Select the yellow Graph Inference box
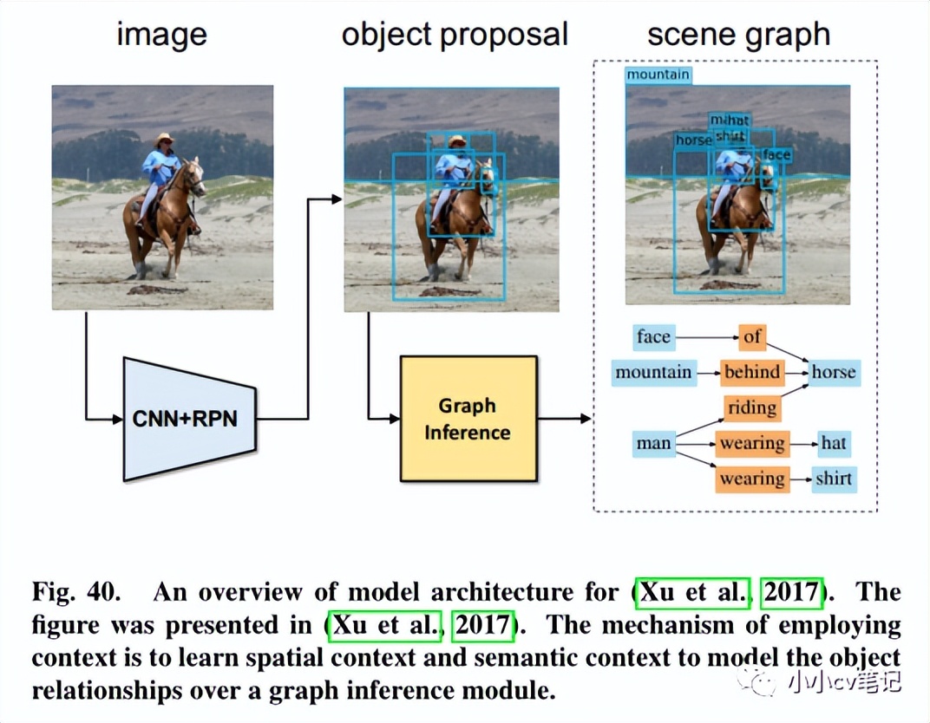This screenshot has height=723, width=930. click(x=468, y=419)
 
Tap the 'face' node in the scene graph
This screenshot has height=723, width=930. click(x=653, y=336)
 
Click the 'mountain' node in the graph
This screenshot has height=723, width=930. click(x=653, y=373)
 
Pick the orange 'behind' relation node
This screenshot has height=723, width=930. click(x=751, y=373)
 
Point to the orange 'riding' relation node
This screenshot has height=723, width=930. click(x=751, y=407)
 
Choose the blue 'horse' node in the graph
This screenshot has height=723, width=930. click(x=833, y=373)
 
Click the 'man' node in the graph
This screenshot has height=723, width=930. click(x=653, y=444)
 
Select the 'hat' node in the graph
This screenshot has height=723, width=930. click(x=833, y=444)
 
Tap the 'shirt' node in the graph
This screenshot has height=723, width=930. click(x=833, y=479)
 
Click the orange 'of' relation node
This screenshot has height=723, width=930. click(x=751, y=336)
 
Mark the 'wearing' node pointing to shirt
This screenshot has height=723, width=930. click(x=751, y=479)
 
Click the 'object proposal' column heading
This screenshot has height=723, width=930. click(x=455, y=35)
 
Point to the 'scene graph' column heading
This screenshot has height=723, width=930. click(x=738, y=35)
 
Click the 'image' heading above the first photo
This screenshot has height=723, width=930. click(x=162, y=35)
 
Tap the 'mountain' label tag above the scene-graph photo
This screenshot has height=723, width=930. click(x=658, y=75)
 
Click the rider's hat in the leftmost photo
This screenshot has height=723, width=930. click(x=163, y=139)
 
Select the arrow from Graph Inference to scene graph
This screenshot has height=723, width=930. click(x=564, y=419)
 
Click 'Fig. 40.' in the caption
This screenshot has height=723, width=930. click(x=77, y=593)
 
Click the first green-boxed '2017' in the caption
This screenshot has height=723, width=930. click(x=791, y=593)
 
